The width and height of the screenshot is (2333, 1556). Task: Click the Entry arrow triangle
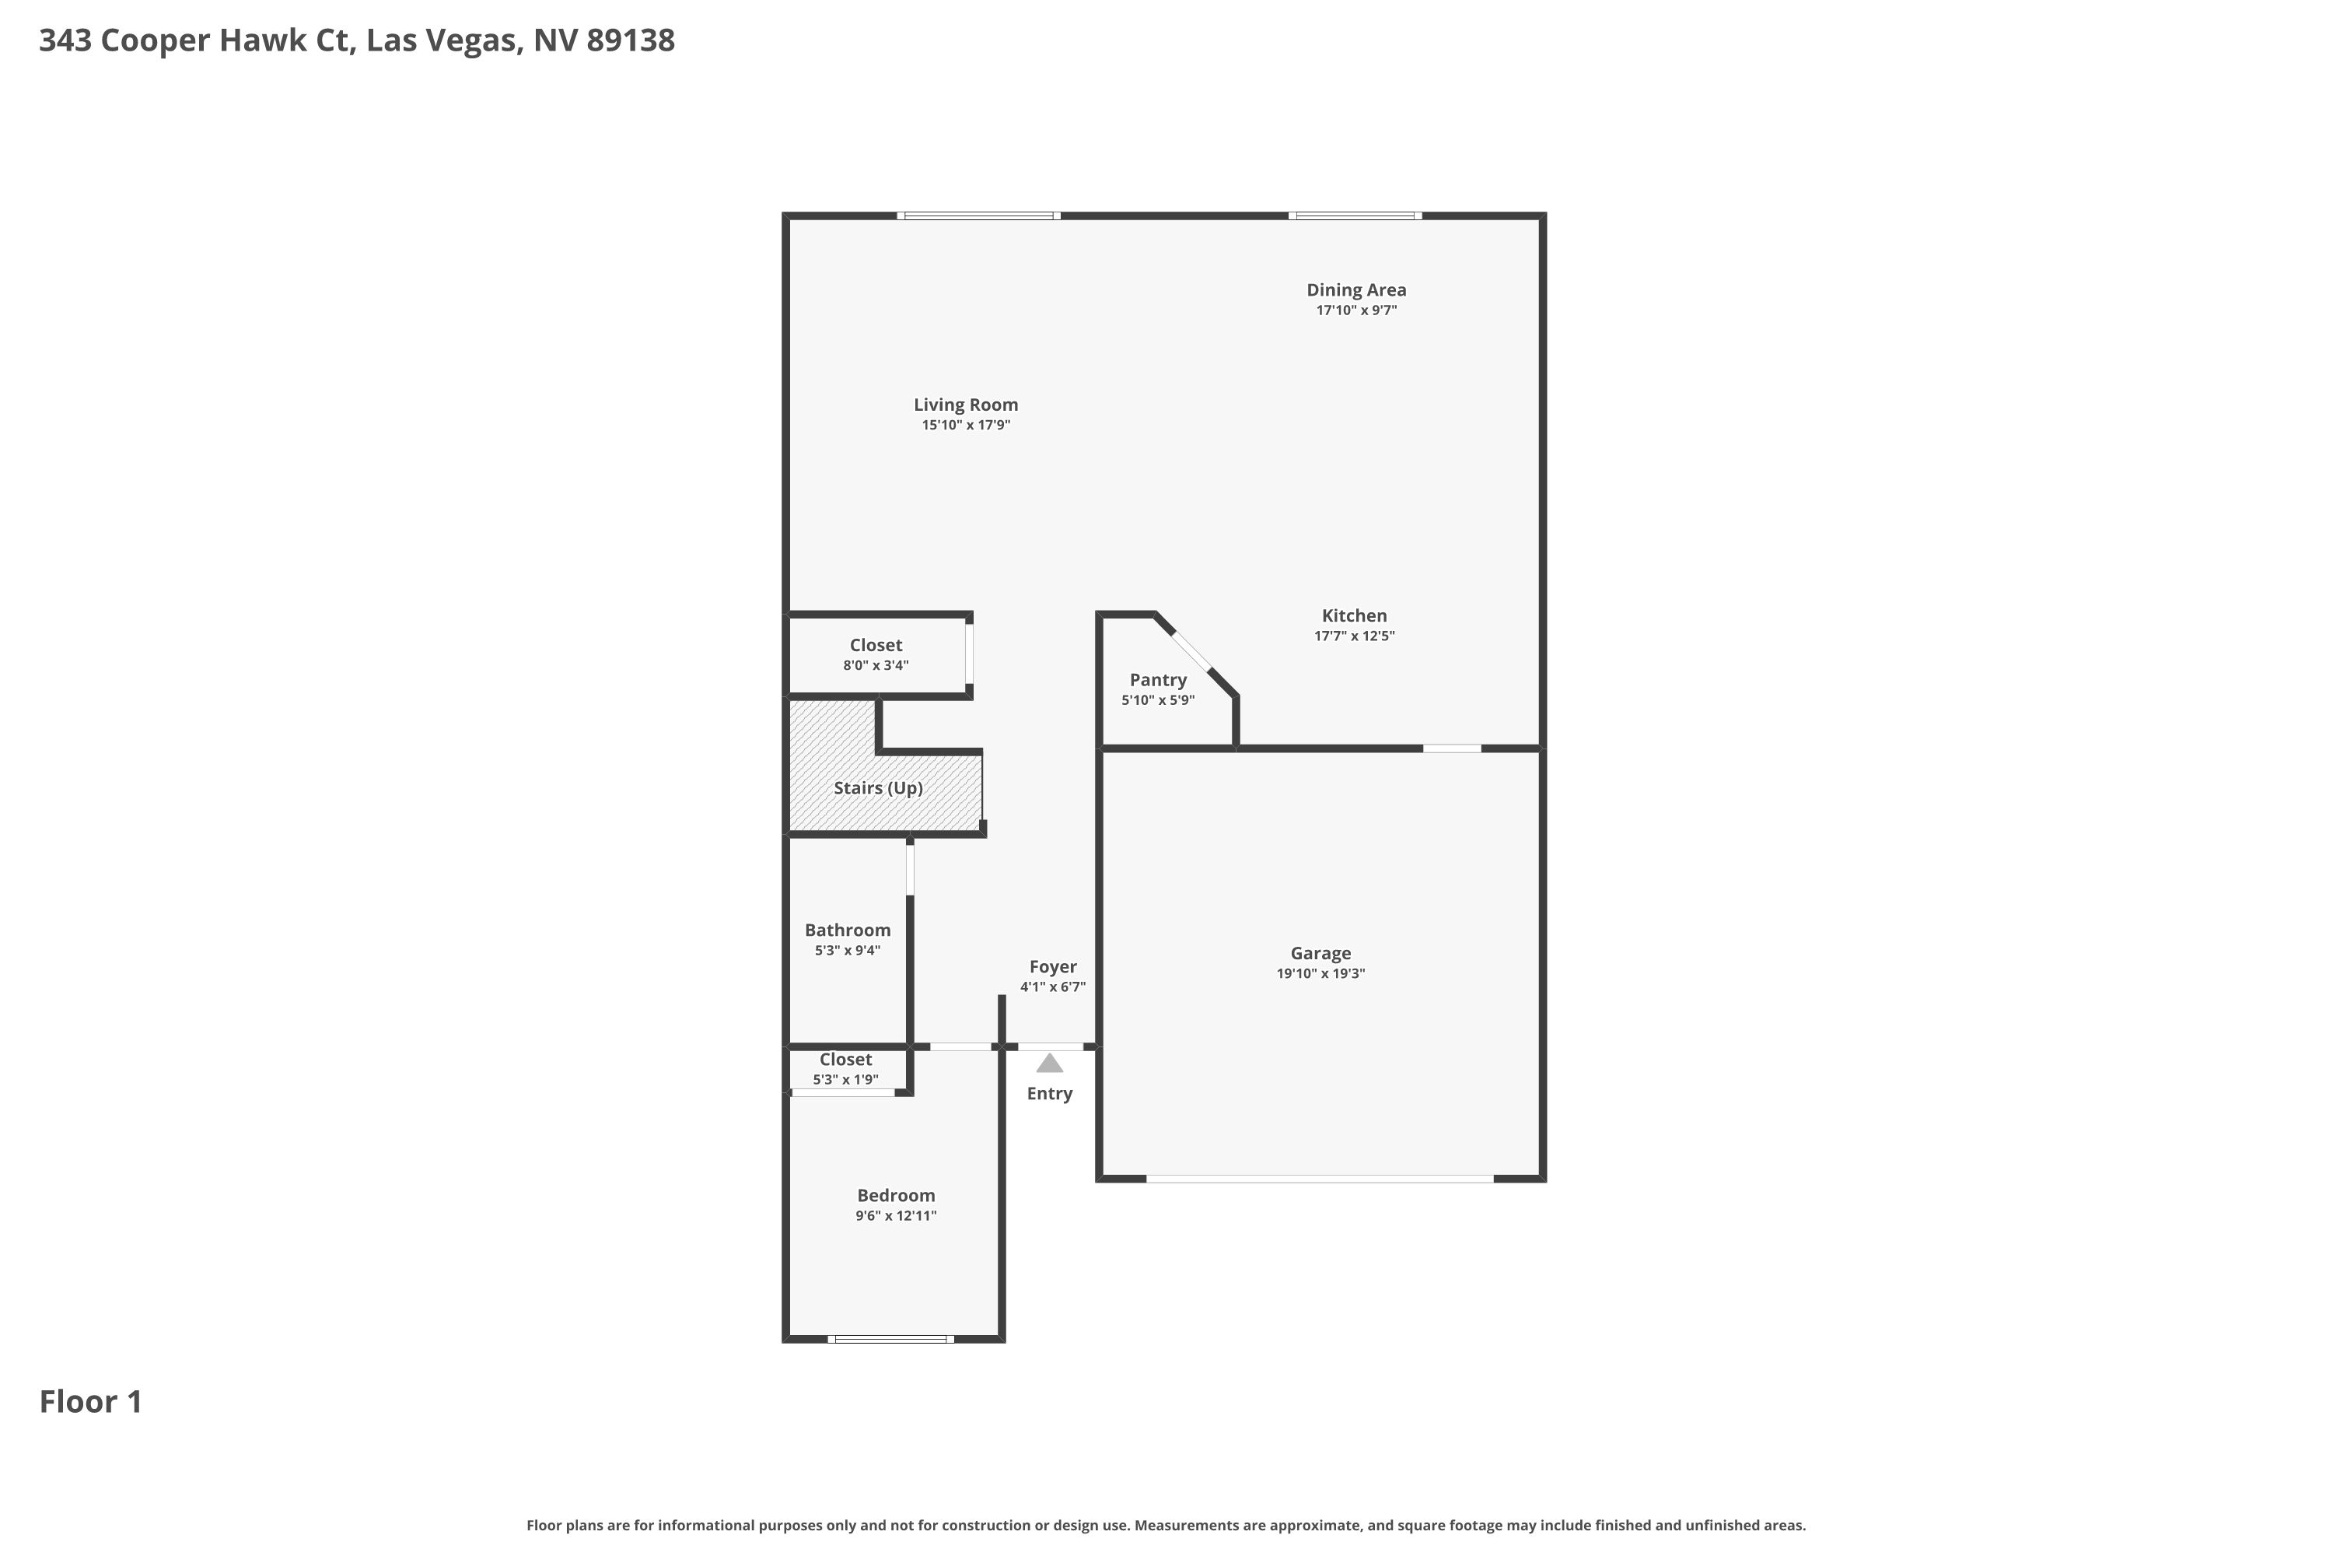coord(1049,1064)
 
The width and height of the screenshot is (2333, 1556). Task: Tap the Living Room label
coord(966,405)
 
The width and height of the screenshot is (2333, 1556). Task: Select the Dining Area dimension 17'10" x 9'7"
coord(1356,310)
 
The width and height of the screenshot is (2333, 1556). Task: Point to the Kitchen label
coord(1354,616)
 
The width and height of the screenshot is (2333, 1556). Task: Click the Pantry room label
coord(1158,681)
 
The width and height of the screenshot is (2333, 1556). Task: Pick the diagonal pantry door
coord(1191,652)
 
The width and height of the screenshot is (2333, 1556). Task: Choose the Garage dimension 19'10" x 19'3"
coord(1320,973)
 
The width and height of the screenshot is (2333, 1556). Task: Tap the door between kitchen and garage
coord(1452,748)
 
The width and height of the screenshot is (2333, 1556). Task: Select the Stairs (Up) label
coord(878,788)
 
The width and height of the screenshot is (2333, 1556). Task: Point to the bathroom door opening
coord(910,868)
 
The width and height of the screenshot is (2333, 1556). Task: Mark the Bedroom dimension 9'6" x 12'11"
coord(896,1215)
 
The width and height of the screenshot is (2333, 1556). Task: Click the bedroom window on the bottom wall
coord(890,1339)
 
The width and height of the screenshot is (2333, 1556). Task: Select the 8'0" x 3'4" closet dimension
coord(876,666)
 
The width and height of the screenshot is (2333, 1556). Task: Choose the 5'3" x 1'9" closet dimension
coord(845,1080)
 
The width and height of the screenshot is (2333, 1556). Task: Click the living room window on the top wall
coord(979,216)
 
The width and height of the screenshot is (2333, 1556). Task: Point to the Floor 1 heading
coord(91,1402)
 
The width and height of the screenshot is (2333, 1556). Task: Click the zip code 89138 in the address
coord(631,40)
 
